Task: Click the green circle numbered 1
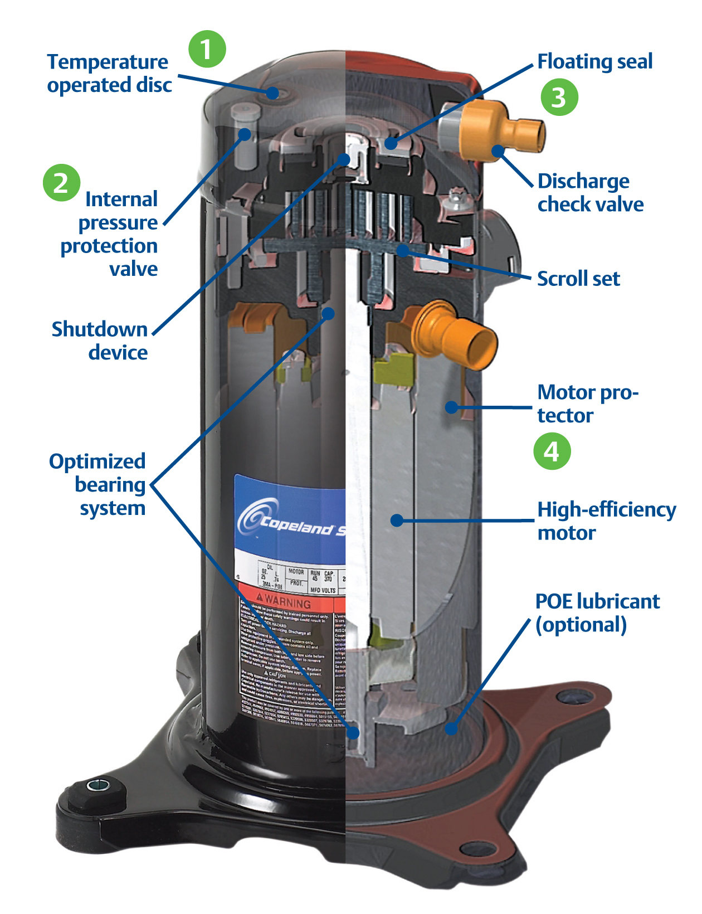pyautogui.click(x=207, y=49)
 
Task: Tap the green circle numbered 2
pyautogui.click(x=61, y=182)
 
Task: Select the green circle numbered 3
pyautogui.click(x=559, y=97)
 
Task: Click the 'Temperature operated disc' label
pyautogui.click(x=109, y=73)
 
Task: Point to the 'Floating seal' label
pyautogui.click(x=594, y=61)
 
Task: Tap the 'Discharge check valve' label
pyautogui.click(x=590, y=193)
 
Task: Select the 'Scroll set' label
pyautogui.click(x=578, y=279)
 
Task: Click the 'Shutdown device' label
pyautogui.click(x=100, y=341)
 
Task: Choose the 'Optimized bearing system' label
pyautogui.click(x=97, y=484)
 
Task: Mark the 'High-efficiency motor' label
pyautogui.click(x=606, y=521)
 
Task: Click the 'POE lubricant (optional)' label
pyautogui.click(x=597, y=613)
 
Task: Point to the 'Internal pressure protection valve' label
pyautogui.click(x=110, y=234)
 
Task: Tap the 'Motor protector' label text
pyautogui.click(x=587, y=403)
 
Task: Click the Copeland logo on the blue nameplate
pyautogui.click(x=290, y=521)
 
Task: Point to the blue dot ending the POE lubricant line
pyautogui.click(x=451, y=728)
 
